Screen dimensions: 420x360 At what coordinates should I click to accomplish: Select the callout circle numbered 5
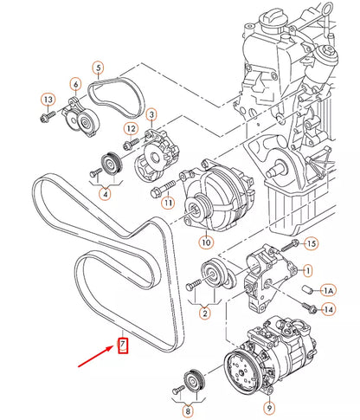[98, 68]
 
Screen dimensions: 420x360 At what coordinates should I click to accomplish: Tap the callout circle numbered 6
[76, 84]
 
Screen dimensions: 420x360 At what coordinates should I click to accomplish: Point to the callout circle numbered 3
[151, 114]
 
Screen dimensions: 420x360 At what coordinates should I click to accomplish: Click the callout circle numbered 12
[130, 129]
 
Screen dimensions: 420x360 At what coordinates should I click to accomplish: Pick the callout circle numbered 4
[106, 195]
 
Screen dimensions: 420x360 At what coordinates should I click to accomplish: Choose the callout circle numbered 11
[167, 202]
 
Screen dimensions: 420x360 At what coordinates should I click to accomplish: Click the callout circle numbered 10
[205, 242]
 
